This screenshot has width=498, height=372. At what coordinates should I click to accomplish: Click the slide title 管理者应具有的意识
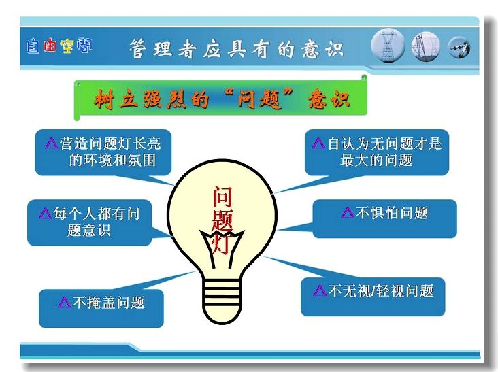pyautogui.click(x=236, y=49)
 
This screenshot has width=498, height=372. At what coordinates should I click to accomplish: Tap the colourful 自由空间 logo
pyautogui.click(x=59, y=46)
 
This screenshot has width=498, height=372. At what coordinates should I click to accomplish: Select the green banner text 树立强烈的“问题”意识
pyautogui.click(x=222, y=99)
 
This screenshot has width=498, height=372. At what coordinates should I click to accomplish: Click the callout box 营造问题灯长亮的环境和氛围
pyautogui.click(x=103, y=152)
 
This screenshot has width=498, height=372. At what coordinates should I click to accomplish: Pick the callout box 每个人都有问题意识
pyautogui.click(x=90, y=222)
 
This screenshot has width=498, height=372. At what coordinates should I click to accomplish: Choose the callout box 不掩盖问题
pyautogui.click(x=101, y=308)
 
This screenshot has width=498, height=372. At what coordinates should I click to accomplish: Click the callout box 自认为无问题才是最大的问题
pyautogui.click(x=377, y=152)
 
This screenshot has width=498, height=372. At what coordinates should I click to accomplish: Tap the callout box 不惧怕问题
pyautogui.click(x=384, y=219)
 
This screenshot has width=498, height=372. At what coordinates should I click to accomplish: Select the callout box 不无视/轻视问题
pyautogui.click(x=373, y=297)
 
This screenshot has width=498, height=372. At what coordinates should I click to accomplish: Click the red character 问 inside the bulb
pyautogui.click(x=222, y=197)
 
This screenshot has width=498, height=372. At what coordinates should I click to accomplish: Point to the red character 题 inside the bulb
pyautogui.click(x=222, y=220)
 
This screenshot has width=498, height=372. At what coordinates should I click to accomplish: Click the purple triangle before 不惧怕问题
pyautogui.click(x=348, y=212)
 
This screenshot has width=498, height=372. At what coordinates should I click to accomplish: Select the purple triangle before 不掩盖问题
pyautogui.click(x=64, y=302)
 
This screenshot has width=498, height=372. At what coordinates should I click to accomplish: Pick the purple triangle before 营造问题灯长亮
pyautogui.click(x=52, y=143)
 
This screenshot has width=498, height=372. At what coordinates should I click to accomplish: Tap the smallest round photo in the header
pyautogui.click(x=459, y=48)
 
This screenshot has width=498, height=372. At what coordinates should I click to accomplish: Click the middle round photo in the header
pyautogui.click(x=426, y=46)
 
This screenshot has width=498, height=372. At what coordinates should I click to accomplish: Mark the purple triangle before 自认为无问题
pyautogui.click(x=318, y=143)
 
